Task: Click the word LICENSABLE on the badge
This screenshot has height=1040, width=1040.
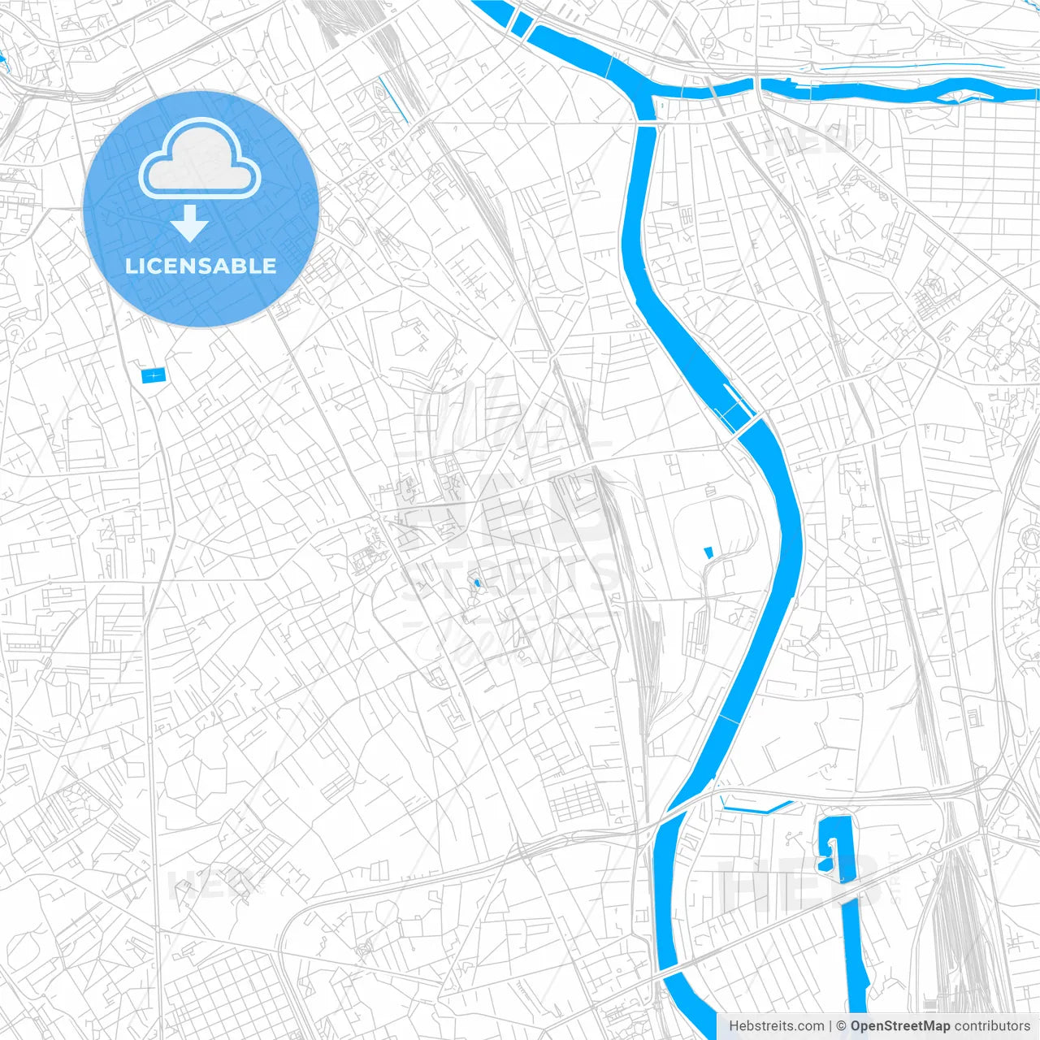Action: coord(201,266)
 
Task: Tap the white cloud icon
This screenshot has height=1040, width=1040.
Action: coord(199,160)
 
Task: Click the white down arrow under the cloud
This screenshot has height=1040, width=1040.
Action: coord(189,223)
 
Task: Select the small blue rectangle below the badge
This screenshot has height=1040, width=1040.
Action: coord(153,375)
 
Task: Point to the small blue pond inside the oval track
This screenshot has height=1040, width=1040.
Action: coord(708,552)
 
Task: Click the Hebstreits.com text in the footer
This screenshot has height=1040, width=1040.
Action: coord(776,1026)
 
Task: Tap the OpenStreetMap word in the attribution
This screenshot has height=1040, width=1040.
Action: coord(900,1026)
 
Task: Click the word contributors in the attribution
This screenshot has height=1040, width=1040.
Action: coord(992,1026)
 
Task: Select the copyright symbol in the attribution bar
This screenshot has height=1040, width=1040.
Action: coord(842,1026)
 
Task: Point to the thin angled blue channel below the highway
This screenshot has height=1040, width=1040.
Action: coord(756,809)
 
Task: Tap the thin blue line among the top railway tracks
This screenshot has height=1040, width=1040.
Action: coord(392,99)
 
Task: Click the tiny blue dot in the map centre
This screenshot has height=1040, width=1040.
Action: coord(476,583)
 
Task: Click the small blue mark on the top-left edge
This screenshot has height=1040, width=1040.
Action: coord(2,58)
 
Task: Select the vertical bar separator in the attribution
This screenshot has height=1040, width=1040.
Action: coord(830,1026)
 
